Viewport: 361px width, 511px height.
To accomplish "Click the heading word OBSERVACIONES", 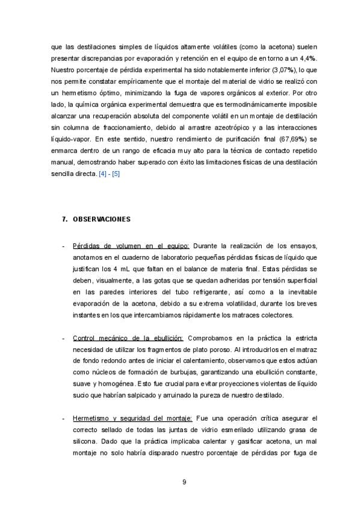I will coord(102,219).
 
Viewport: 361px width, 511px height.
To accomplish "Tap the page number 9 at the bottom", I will coord(184,481).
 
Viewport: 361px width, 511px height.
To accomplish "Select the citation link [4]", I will coord(103,174).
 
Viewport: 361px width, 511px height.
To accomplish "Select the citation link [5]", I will coord(117,174).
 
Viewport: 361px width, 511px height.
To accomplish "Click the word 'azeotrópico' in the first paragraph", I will coord(208,128).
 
